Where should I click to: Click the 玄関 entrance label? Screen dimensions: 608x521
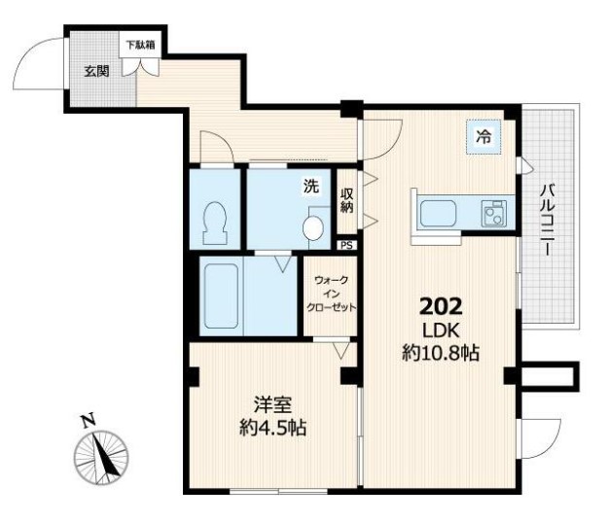[96, 71]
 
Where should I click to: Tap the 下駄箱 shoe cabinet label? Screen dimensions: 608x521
[141, 45]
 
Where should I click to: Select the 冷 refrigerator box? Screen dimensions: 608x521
[483, 137]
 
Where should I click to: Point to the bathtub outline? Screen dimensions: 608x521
[221, 296]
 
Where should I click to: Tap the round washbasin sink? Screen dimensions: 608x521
[313, 228]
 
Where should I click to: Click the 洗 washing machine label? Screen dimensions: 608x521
[311, 186]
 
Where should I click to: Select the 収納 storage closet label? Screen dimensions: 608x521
[347, 200]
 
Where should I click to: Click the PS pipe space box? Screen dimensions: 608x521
[346, 245]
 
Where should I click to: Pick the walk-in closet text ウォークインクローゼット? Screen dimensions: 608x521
[331, 294]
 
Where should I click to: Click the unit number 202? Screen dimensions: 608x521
[441, 307]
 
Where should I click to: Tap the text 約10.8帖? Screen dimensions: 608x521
[441, 353]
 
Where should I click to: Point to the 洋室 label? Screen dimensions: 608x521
[272, 405]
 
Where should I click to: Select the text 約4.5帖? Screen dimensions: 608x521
[272, 428]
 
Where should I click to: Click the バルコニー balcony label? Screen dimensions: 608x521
[548, 221]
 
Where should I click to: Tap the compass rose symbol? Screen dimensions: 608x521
[101, 458]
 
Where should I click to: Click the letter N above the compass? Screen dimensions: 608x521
[88, 421]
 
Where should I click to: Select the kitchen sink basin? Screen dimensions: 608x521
[439, 213]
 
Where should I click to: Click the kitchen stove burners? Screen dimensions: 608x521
[494, 214]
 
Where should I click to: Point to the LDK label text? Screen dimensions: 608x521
[441, 330]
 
